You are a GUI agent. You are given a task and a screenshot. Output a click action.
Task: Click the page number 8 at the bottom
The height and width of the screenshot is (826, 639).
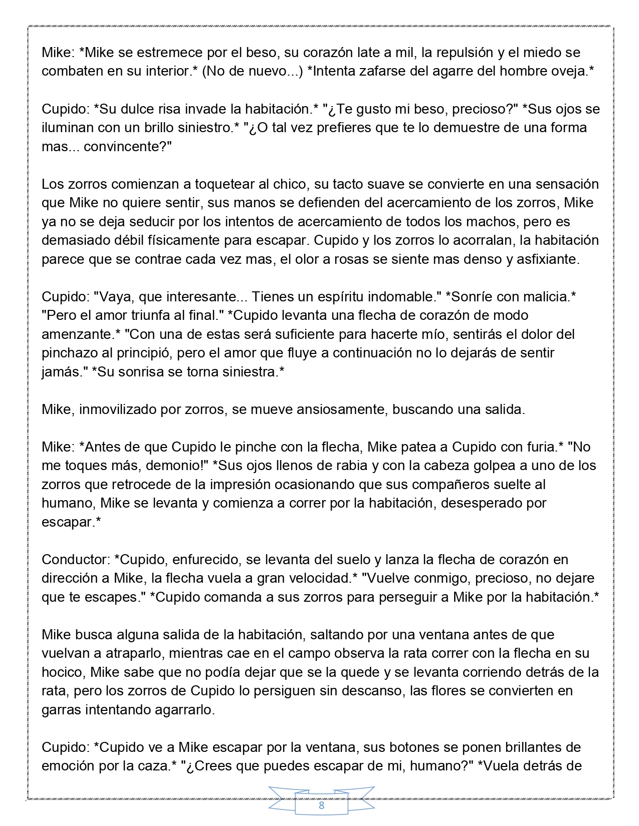(x=321, y=805)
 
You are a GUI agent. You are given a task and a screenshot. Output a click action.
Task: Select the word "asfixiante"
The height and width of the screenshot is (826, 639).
(x=545, y=259)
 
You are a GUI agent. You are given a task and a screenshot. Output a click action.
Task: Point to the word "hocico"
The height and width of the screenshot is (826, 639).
(x=62, y=672)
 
